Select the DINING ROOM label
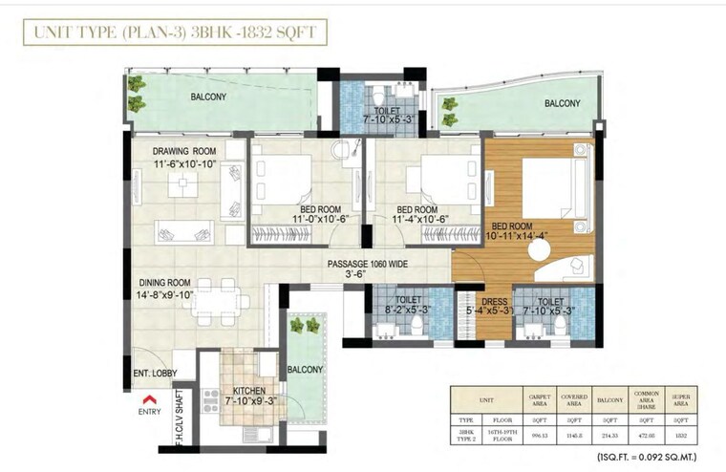tap(165, 284)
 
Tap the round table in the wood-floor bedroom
tap(540, 248)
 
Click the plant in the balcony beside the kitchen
tap(298, 326)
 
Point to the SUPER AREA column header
tap(682, 398)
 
